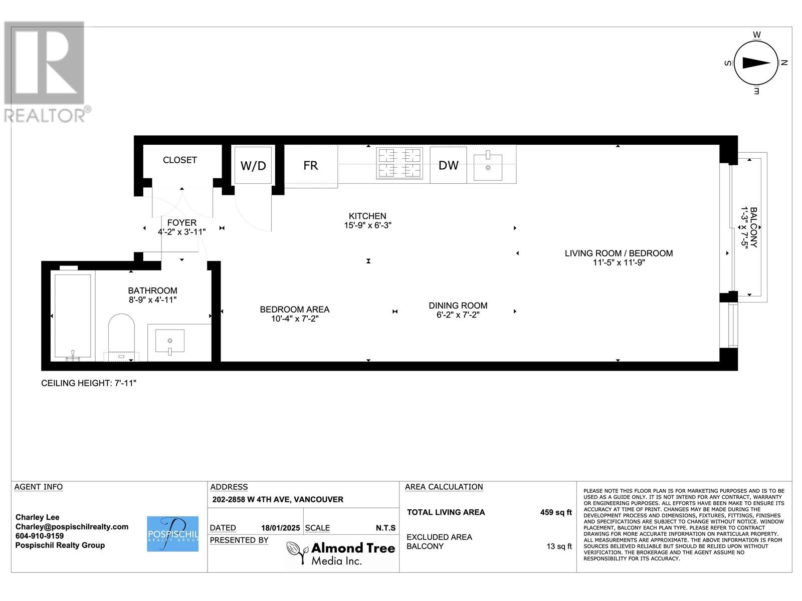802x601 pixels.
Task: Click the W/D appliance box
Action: pyautogui.click(x=253, y=165)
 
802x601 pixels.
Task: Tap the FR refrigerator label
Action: pyautogui.click(x=310, y=165)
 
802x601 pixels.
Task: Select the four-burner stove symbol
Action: pyautogui.click(x=399, y=163)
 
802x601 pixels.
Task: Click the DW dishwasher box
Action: pyautogui.click(x=448, y=165)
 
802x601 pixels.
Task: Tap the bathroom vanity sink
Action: pyautogui.click(x=170, y=342)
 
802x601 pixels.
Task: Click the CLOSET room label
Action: pyautogui.click(x=180, y=160)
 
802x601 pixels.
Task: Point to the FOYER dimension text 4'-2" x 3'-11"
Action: pyautogui.click(x=181, y=232)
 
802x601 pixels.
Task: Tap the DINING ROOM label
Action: pyautogui.click(x=458, y=306)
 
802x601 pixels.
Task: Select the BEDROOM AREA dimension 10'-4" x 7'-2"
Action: pyautogui.click(x=295, y=319)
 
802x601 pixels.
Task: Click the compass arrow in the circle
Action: pyautogui.click(x=756, y=63)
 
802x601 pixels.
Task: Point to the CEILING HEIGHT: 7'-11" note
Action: pyautogui.click(x=89, y=383)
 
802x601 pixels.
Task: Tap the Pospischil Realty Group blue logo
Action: pyautogui.click(x=172, y=534)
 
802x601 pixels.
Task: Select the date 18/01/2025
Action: pyautogui.click(x=280, y=528)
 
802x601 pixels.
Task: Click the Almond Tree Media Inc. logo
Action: pyautogui.click(x=341, y=553)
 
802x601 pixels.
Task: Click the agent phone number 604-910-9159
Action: pyautogui.click(x=40, y=536)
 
